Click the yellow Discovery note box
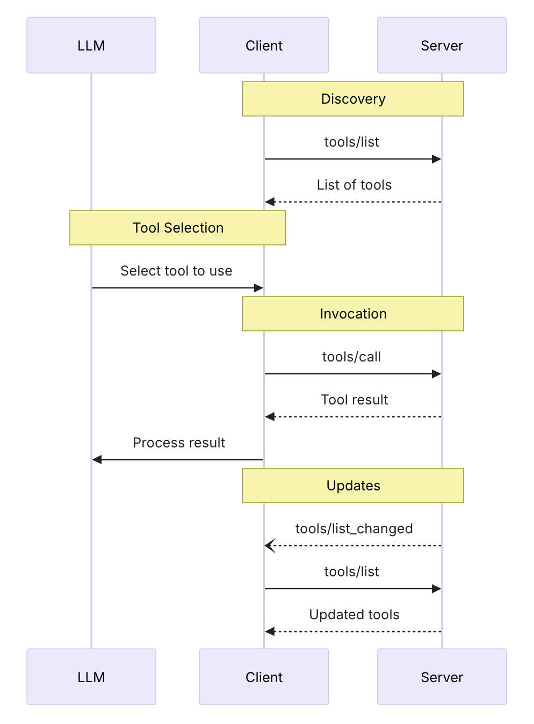353,99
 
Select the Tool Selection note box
178,228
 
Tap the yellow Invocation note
353,314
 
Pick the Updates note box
353,486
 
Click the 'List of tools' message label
354,185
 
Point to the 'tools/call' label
351,357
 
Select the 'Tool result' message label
354,400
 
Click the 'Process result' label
179,443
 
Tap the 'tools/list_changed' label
354,528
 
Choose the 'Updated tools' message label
354,614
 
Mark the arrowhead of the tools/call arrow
436,374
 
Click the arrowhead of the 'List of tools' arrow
270,202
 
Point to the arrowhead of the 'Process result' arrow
97,460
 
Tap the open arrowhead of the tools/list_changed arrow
269,546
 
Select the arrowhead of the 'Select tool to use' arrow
258,288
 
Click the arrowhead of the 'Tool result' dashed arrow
270,417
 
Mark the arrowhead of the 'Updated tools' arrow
270,632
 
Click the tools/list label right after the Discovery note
351,142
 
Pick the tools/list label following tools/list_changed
351,571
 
